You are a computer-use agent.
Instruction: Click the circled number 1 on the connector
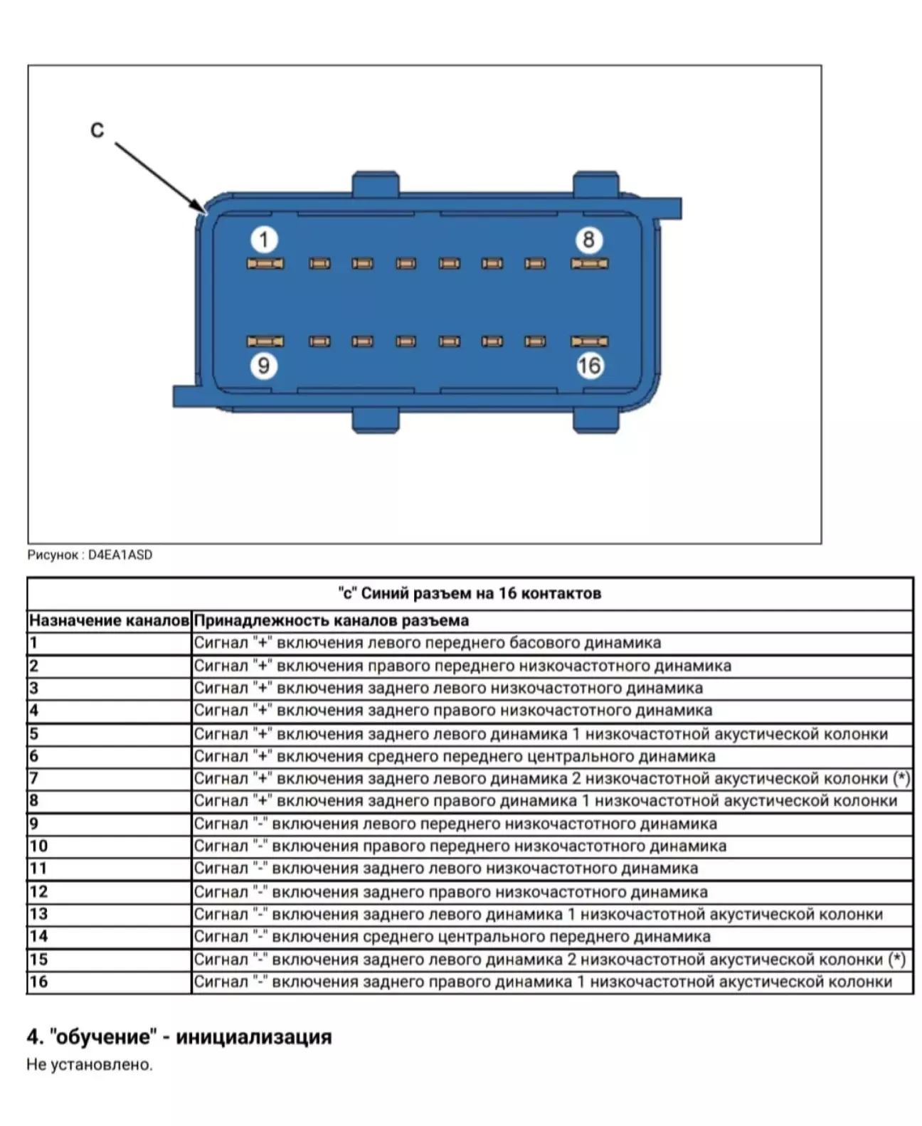click(264, 240)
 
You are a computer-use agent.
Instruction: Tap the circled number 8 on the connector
click(588, 240)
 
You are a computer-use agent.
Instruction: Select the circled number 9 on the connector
click(263, 366)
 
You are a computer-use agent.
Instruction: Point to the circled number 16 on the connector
click(589, 366)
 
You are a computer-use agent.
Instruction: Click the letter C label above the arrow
click(97, 130)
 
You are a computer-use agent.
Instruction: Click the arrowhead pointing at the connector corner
click(199, 206)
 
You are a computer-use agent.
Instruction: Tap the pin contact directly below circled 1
click(265, 264)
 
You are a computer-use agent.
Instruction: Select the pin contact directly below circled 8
click(589, 264)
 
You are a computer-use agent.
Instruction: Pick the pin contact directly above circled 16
click(589, 341)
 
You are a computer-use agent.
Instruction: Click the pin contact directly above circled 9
click(265, 341)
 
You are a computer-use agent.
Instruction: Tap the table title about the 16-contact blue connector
click(470, 593)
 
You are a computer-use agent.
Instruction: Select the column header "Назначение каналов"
click(109, 620)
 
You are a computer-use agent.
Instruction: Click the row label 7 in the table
click(33, 778)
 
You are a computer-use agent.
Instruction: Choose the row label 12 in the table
click(38, 891)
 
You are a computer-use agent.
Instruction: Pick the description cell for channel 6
click(455, 756)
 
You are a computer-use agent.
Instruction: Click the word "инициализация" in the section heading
click(254, 1036)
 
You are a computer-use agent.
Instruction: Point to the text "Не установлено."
click(90, 1065)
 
